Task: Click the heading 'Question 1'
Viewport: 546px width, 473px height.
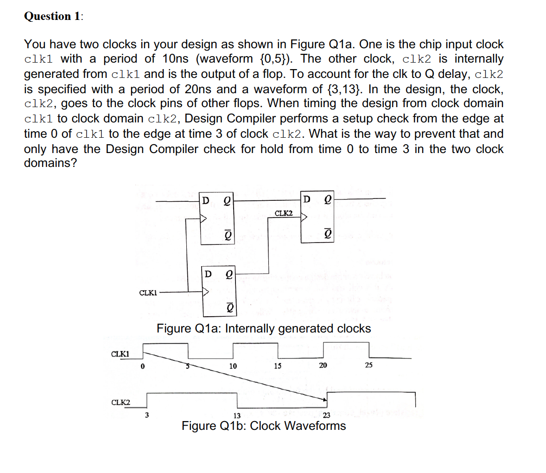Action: click(53, 16)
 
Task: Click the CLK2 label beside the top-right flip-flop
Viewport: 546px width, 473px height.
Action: click(284, 213)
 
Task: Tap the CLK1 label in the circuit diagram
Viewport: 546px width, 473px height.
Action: click(148, 293)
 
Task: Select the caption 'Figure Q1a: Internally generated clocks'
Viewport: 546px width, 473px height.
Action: click(264, 328)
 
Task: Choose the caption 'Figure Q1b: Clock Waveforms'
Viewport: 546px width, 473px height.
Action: click(264, 426)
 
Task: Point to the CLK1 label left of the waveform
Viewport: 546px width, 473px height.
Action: click(120, 354)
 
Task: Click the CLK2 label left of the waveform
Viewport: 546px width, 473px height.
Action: click(121, 402)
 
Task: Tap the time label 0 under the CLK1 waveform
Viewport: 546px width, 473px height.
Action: click(143, 366)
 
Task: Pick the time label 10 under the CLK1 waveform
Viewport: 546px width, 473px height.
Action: click(233, 366)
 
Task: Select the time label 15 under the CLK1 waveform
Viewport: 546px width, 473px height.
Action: click(277, 366)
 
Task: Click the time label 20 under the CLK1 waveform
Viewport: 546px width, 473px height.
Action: click(323, 365)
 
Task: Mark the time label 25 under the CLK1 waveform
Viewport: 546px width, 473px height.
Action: click(368, 365)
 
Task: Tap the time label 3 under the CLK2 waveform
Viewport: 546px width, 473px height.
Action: click(147, 415)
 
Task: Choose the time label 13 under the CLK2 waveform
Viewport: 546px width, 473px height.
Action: click(236, 415)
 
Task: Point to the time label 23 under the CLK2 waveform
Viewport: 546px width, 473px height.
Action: click(326, 415)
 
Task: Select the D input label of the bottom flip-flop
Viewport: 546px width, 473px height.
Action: click(208, 274)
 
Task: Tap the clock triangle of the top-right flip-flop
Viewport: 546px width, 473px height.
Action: click(305, 216)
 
